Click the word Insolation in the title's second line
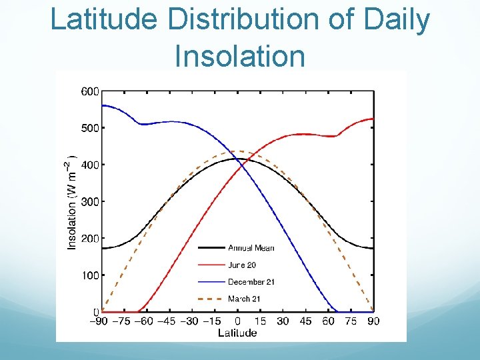tap(239, 56)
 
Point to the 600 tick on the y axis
tap(90, 91)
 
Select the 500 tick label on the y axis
tap(90, 128)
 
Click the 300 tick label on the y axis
tap(90, 201)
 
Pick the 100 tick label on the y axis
tap(90, 275)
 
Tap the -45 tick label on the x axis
tap(169, 321)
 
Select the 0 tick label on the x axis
tap(237, 321)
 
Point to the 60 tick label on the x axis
tap(328, 321)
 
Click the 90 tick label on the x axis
tap(373, 321)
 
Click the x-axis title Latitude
tap(237, 333)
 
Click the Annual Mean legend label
tap(251, 248)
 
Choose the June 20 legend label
tap(242, 265)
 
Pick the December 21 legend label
tap(251, 282)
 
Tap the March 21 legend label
tap(244, 299)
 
